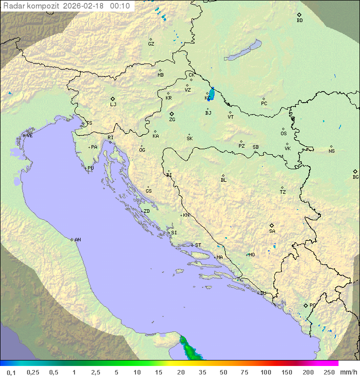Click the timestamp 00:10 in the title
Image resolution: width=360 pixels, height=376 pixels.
point(120,6)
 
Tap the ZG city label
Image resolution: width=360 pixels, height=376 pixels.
point(172,120)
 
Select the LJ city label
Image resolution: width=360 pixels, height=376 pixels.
point(113,105)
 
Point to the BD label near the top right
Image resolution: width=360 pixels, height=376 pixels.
point(299,21)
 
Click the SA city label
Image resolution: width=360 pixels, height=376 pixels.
point(272,231)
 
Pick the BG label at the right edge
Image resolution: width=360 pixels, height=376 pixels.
point(355,177)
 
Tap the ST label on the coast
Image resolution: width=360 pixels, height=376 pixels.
point(198,245)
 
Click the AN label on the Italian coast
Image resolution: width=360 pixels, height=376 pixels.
point(77,240)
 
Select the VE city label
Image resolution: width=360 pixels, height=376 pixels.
point(29,136)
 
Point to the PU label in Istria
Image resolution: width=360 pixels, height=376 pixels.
point(90,168)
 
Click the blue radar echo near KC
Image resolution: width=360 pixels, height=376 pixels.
point(211,94)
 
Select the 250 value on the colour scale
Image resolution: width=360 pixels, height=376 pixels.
point(329,372)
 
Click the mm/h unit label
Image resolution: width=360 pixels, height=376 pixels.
point(347,372)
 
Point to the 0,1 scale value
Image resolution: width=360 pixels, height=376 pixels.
point(11,372)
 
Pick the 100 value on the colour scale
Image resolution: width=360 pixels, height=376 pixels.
point(265,372)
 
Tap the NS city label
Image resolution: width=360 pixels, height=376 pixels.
point(331,151)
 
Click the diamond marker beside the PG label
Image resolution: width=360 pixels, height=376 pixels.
point(305,305)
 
